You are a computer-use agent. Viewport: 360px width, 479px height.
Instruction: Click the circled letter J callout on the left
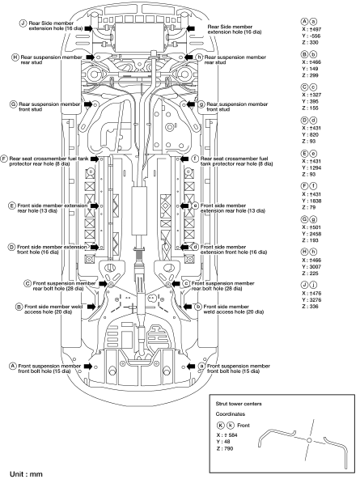click(x=23, y=23)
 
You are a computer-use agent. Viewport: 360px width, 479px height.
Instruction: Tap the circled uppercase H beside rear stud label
click(x=15, y=57)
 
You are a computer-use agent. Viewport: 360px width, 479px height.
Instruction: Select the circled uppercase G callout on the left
click(x=14, y=104)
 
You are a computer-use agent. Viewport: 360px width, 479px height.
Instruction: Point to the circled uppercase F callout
click(x=4, y=159)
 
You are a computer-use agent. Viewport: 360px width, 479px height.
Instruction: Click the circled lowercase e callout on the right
click(x=195, y=206)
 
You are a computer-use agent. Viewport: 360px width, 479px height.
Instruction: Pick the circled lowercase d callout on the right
click(x=195, y=247)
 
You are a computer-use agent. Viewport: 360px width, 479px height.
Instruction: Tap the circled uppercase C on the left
click(x=28, y=283)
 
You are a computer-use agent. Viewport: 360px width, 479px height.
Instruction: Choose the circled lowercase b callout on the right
click(x=198, y=307)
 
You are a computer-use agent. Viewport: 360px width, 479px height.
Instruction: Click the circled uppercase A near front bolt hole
click(x=12, y=366)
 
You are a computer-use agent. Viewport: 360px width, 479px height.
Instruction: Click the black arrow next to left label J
click(x=88, y=28)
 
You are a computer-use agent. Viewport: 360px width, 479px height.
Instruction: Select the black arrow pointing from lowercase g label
click(x=191, y=104)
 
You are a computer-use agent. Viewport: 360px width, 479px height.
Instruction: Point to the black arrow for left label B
click(x=91, y=307)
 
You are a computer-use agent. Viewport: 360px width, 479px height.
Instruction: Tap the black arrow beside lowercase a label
click(x=191, y=366)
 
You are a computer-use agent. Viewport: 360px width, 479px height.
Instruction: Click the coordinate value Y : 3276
click(x=311, y=300)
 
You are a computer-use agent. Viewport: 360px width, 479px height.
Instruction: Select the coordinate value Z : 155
click(x=310, y=108)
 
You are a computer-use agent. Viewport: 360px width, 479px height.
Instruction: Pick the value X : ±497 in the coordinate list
click(x=311, y=29)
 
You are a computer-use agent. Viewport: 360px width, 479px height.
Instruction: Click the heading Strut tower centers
click(x=239, y=404)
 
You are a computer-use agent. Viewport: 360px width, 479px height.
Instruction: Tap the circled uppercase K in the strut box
click(x=221, y=426)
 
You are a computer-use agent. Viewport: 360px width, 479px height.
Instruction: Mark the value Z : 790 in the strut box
click(x=225, y=448)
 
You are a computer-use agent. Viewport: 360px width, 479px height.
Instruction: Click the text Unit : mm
click(x=26, y=474)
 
